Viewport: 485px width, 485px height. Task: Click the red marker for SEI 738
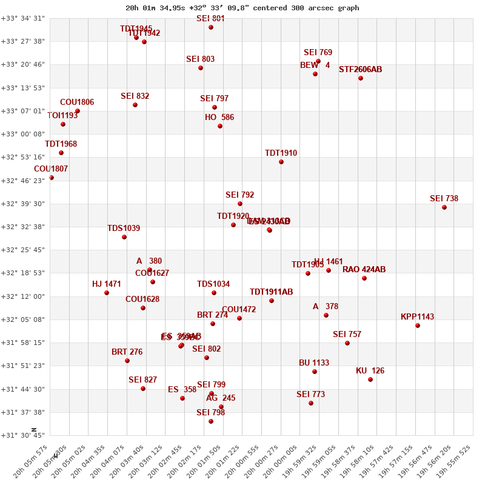click(444, 207)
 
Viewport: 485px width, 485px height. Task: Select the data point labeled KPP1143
click(418, 326)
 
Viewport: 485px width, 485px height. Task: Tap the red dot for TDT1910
click(281, 162)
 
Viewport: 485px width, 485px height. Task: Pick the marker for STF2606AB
click(361, 78)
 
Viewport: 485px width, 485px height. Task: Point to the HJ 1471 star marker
click(107, 293)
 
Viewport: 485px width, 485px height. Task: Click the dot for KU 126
click(370, 380)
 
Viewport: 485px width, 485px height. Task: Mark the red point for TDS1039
click(124, 237)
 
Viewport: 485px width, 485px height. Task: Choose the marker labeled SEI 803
click(201, 68)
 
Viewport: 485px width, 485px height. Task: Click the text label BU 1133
click(314, 363)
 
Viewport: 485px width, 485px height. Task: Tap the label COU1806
click(77, 102)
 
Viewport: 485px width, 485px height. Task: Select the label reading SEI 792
click(240, 195)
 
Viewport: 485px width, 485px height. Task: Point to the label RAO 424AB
click(364, 270)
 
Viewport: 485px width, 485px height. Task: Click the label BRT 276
click(127, 352)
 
